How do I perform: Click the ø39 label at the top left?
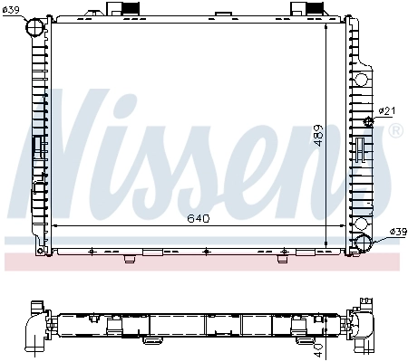coord(12,10)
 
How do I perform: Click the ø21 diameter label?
coord(386,111)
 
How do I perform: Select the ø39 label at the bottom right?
coord(397,233)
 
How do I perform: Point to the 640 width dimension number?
coord(199,218)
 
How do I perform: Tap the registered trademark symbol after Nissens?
coord(395,131)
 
